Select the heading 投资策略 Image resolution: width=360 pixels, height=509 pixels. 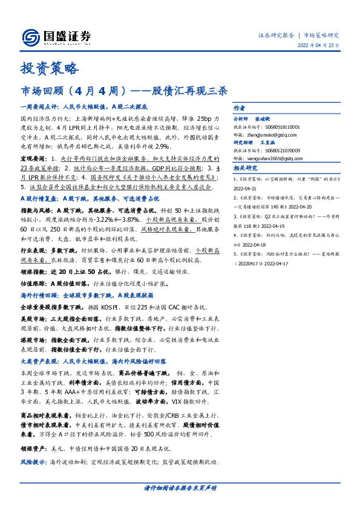[x=50, y=68]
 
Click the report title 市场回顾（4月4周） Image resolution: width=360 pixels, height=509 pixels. [x=73, y=91]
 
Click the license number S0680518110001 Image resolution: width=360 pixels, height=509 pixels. [x=282, y=127]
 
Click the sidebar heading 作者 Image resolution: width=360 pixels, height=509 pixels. [x=240, y=109]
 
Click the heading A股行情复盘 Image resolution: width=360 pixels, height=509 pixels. [x=41, y=198]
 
